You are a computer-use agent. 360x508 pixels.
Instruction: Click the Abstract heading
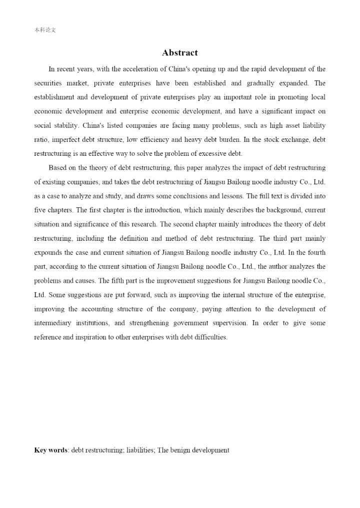[x=180, y=53]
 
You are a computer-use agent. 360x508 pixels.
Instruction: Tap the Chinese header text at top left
[x=45, y=30]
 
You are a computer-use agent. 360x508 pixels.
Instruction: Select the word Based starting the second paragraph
[x=58, y=167]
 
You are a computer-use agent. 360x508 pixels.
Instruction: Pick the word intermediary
[x=54, y=323]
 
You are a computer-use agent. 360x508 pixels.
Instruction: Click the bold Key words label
[x=50, y=450]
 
